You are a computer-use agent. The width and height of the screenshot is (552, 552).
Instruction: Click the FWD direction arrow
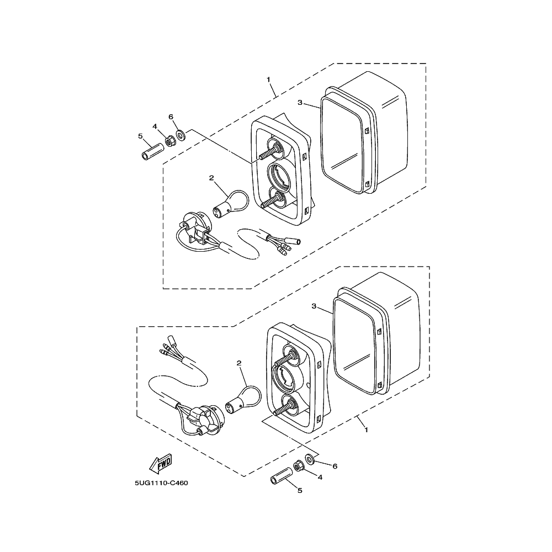(161, 464)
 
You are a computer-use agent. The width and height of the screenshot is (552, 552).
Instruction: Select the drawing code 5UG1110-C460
(161, 483)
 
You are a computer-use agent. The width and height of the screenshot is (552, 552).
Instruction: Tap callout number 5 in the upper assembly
(140, 136)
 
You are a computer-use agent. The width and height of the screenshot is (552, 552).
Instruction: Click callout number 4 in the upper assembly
(155, 126)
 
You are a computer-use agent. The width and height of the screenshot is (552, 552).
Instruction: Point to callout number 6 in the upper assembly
(171, 117)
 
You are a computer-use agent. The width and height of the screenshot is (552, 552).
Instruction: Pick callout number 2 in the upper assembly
(211, 178)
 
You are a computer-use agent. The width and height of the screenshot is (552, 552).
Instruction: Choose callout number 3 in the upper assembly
(300, 103)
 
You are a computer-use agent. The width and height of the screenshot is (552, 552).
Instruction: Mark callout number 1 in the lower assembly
(366, 430)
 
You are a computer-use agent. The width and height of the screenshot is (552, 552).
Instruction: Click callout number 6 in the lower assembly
(335, 466)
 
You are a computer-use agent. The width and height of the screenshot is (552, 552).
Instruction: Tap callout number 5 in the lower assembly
(300, 490)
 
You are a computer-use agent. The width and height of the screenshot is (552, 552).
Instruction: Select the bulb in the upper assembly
(231, 204)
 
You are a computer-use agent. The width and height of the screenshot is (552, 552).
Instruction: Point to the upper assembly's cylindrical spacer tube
(152, 151)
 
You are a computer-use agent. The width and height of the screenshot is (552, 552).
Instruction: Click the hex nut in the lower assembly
(299, 466)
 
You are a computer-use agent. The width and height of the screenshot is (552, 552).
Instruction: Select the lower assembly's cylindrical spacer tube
(282, 476)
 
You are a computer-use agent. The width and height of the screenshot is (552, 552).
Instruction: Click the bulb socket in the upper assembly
(195, 227)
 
